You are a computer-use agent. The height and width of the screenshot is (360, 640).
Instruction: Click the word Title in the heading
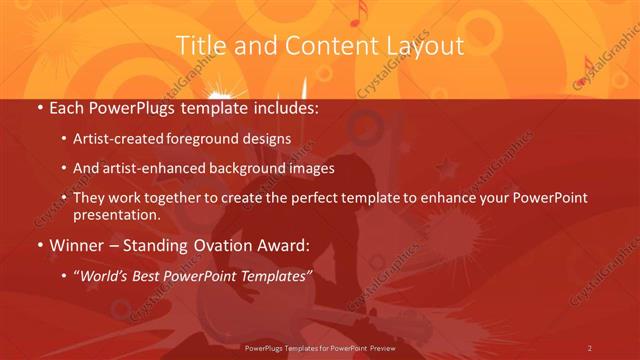point(199,45)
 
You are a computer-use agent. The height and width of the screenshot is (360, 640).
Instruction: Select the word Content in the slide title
point(326,45)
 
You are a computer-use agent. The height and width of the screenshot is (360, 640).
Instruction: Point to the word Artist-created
point(120,139)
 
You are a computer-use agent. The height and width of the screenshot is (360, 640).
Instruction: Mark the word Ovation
point(221,245)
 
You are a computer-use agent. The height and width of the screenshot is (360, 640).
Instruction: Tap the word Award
point(284,245)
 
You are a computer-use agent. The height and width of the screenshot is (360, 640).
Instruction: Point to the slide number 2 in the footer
point(590,347)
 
